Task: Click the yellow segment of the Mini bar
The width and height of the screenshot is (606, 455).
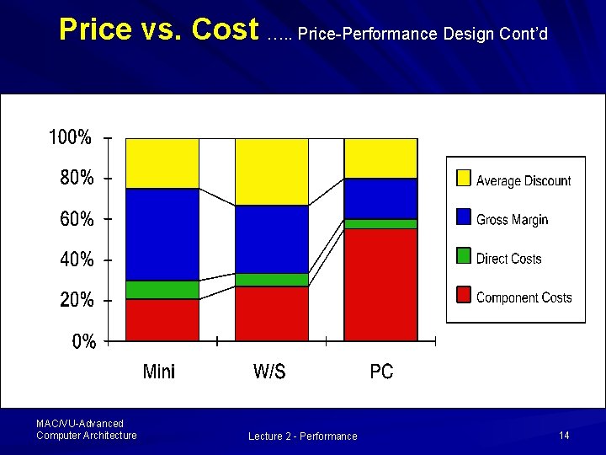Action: (162, 163)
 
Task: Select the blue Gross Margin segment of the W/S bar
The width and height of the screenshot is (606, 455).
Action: (272, 239)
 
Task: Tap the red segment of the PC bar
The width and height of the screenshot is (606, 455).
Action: (380, 285)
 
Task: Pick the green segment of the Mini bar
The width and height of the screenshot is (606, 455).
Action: (162, 290)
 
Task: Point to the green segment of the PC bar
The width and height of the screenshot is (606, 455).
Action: (380, 224)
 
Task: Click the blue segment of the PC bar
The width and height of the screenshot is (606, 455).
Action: (380, 199)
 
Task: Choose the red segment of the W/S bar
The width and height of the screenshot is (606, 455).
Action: (272, 313)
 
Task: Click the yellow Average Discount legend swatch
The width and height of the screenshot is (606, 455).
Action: (463, 178)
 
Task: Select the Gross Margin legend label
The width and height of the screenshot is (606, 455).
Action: (512, 220)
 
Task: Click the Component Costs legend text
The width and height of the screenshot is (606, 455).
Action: (524, 297)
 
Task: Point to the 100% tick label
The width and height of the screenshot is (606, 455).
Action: (71, 138)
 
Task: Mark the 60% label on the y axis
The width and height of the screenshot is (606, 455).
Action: (77, 219)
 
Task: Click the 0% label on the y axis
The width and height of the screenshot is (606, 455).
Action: (84, 342)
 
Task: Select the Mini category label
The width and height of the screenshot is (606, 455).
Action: (159, 372)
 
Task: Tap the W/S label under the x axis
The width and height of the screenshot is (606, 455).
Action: (269, 372)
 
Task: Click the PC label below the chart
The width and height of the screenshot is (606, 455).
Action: (381, 372)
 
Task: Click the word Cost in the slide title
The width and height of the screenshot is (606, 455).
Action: (225, 29)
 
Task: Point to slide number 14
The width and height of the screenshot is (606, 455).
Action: (564, 435)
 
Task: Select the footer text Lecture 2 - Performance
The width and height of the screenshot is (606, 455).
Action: (302, 436)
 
